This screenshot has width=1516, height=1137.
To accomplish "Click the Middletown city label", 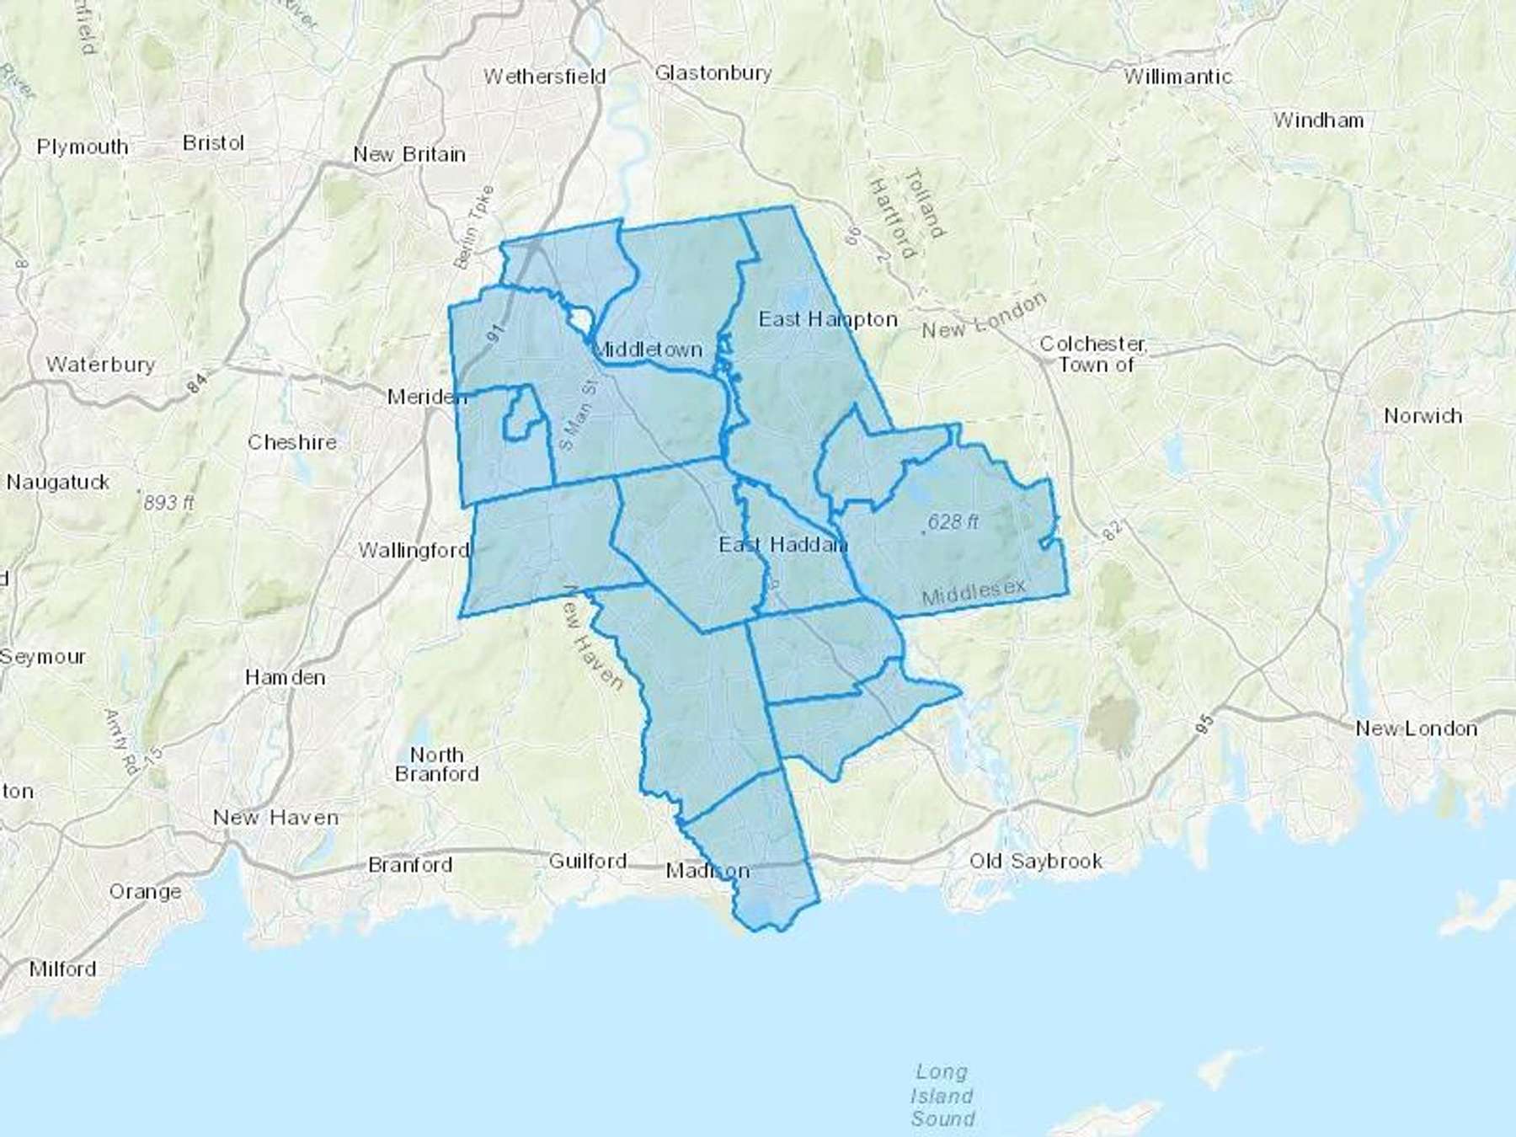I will (648, 349).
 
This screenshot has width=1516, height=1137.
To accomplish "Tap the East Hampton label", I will (828, 319).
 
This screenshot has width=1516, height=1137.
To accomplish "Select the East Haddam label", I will (782, 545).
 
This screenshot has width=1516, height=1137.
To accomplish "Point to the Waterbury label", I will (100, 365).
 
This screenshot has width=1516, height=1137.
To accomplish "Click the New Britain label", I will (409, 154).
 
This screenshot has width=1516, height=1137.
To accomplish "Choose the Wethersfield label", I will (544, 77).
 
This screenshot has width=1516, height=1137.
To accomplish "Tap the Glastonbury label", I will (713, 73).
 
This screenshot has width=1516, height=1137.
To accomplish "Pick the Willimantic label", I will (1177, 77).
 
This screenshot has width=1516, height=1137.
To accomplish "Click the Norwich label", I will (1423, 416).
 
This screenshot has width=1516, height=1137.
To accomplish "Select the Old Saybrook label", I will (1035, 861).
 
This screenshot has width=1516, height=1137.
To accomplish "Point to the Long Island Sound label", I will (942, 1095).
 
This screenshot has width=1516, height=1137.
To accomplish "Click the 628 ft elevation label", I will (953, 522).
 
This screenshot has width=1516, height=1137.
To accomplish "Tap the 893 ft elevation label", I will (168, 503).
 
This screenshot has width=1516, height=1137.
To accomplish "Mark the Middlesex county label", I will (974, 591).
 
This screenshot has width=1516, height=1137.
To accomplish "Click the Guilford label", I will (588, 861).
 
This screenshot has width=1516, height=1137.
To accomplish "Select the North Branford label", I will (436, 764).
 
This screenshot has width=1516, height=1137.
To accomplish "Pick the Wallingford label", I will (414, 550).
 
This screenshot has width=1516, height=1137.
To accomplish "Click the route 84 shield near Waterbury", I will (196, 384).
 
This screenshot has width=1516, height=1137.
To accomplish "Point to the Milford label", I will (62, 969).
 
